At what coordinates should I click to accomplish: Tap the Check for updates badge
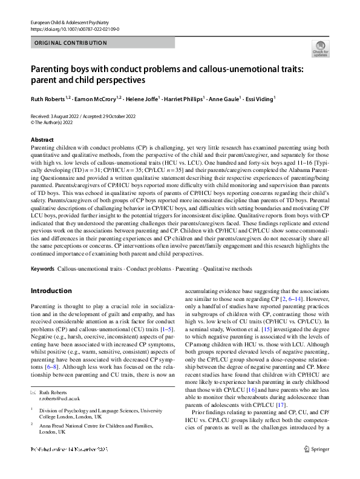pyautogui.click(x=320, y=48)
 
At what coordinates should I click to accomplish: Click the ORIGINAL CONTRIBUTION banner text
pyautogui.click(x=71, y=43)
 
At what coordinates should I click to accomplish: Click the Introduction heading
pyautogui.click(x=51, y=291)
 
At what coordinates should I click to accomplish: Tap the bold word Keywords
pyautogui.click(x=42, y=268)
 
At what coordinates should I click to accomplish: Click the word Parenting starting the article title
pyautogui.click(x=50, y=69)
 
